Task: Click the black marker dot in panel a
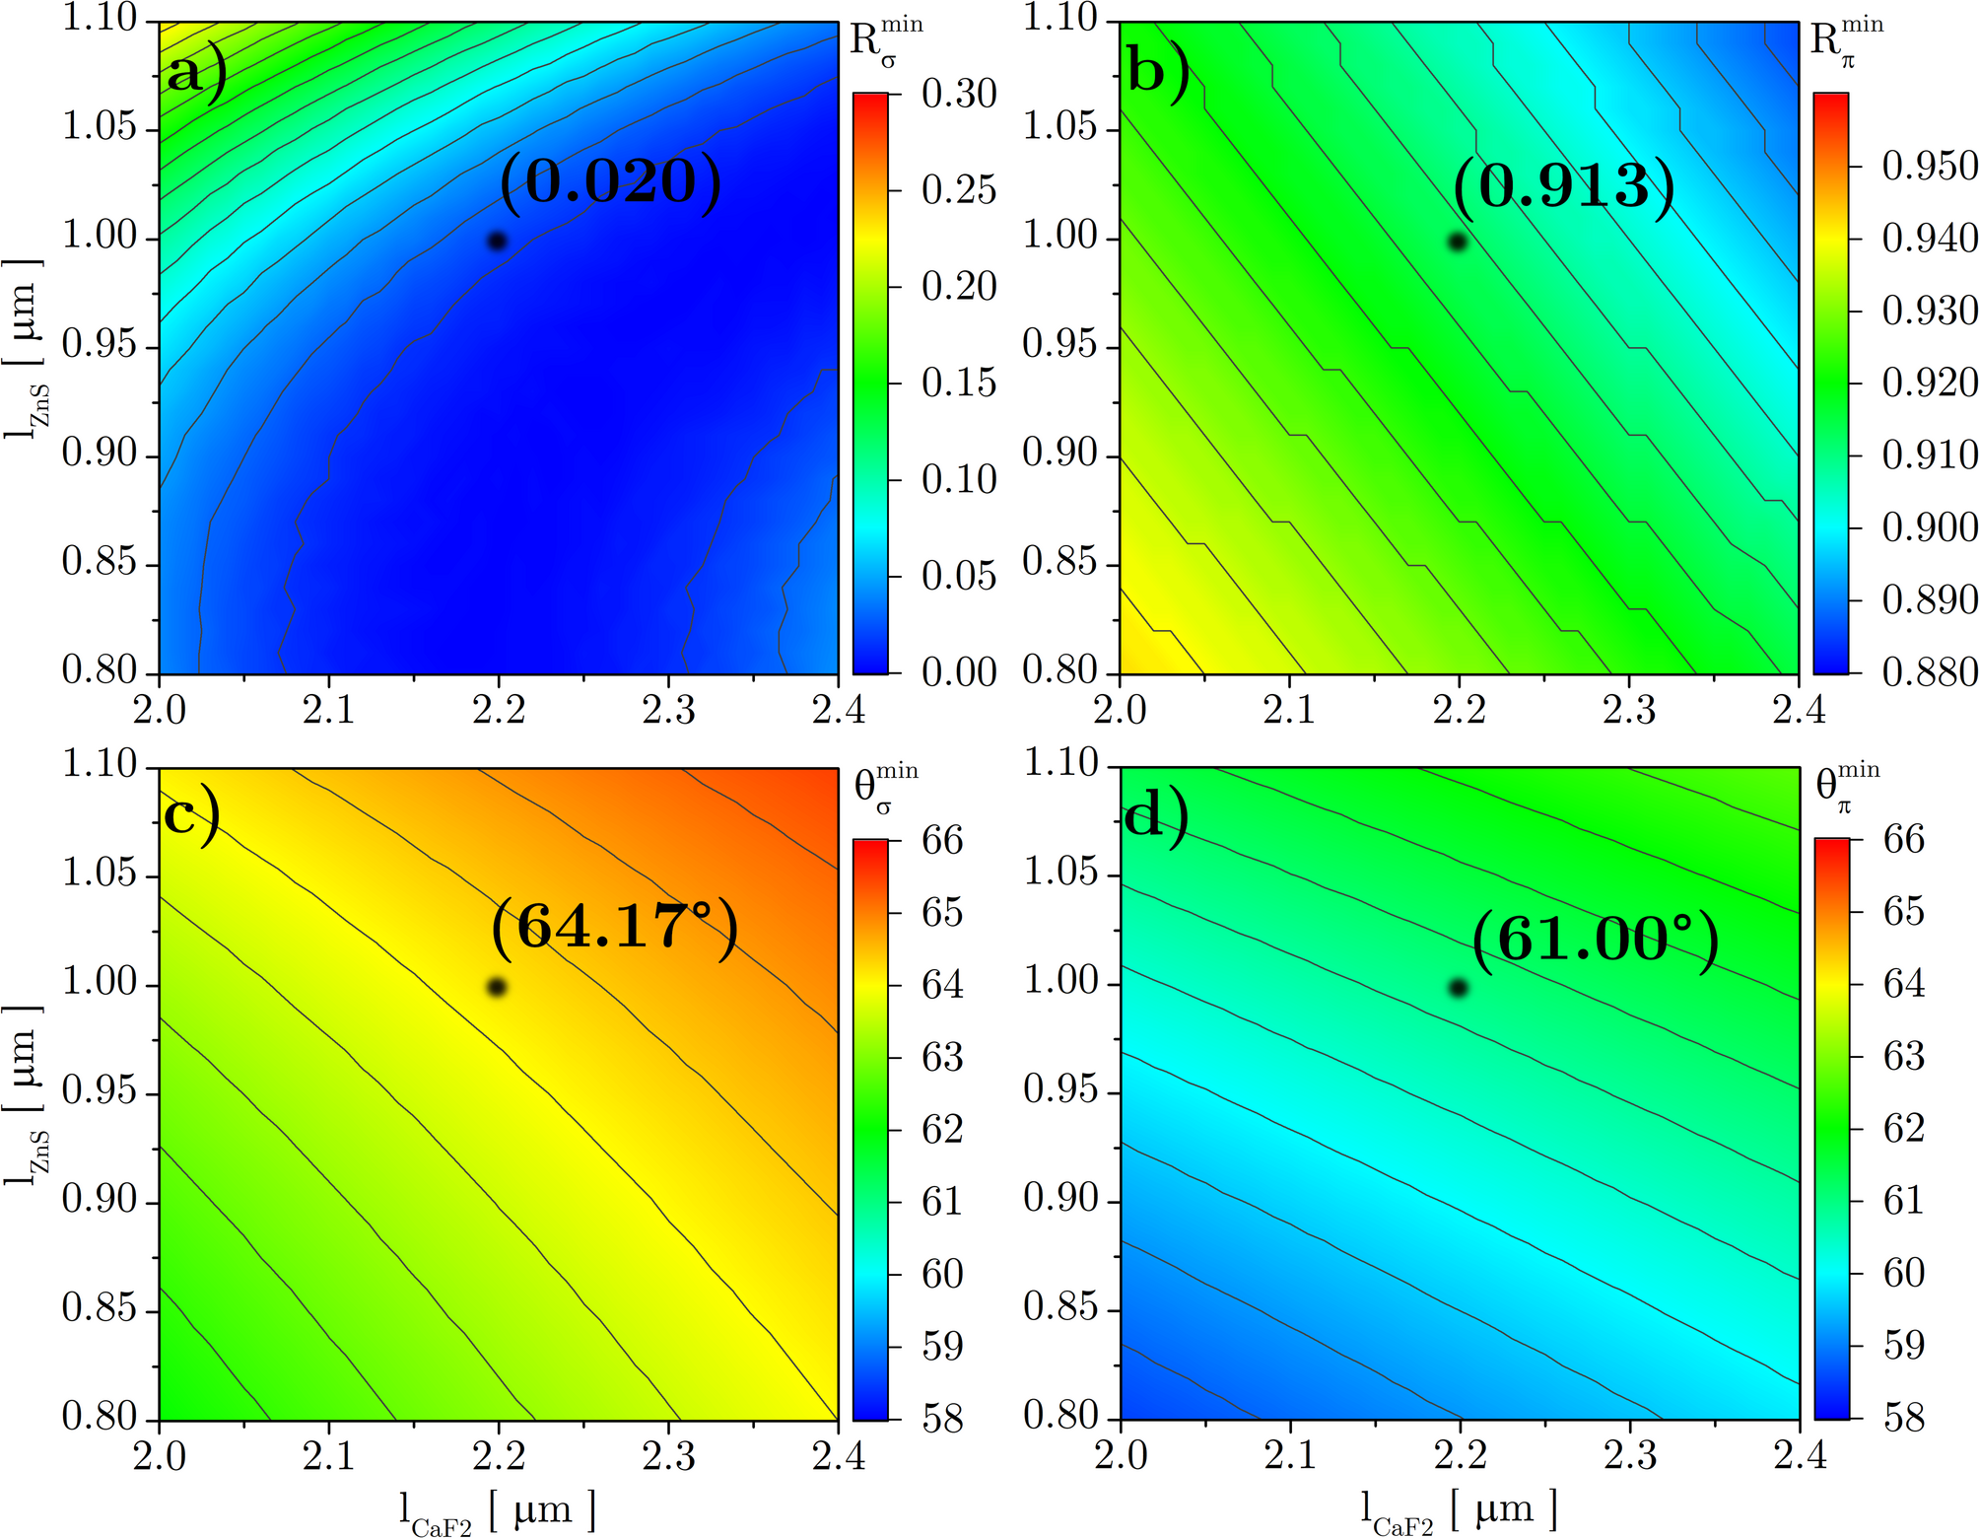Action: pyautogui.click(x=498, y=241)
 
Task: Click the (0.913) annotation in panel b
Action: pyautogui.click(x=1563, y=185)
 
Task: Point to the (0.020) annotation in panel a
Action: pyautogui.click(x=610, y=181)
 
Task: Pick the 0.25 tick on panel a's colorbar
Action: pyautogui.click(x=958, y=189)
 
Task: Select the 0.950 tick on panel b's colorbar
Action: pyautogui.click(x=1929, y=166)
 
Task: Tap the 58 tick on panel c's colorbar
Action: pyautogui.click(x=941, y=1418)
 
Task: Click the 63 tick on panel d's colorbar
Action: pyautogui.click(x=1903, y=1056)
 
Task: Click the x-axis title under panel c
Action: pyautogui.click(x=498, y=1510)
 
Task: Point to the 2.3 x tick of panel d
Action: pyautogui.click(x=1629, y=1455)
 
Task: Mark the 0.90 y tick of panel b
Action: pyautogui.click(x=1059, y=454)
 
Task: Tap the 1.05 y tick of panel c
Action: pyautogui.click(x=99, y=873)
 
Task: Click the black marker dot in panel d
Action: pyautogui.click(x=1459, y=987)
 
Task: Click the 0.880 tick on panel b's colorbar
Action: pyautogui.click(x=1929, y=672)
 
